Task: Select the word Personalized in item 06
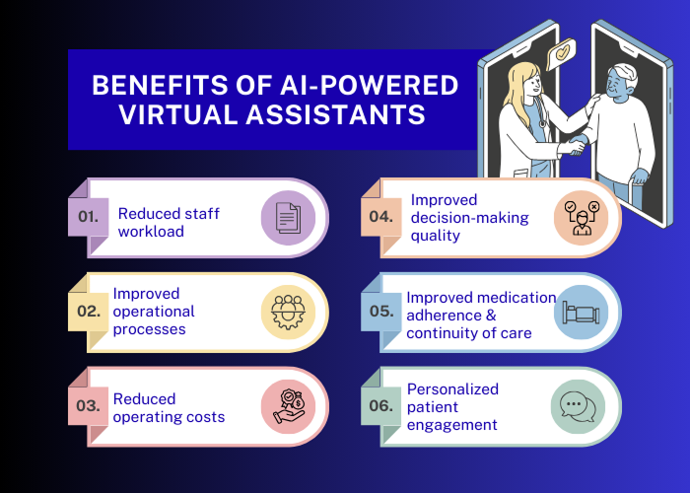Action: [x=453, y=388]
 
